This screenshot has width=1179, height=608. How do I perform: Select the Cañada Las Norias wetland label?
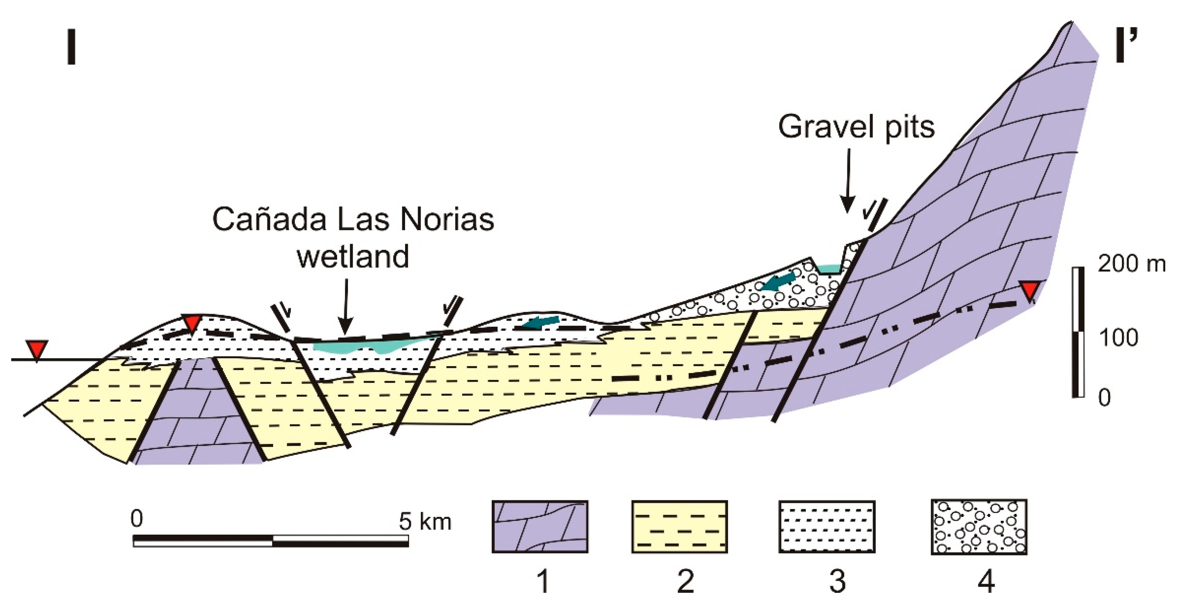click(x=353, y=238)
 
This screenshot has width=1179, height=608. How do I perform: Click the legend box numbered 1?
click(x=540, y=527)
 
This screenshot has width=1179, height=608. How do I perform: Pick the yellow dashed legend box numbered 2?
click(x=680, y=527)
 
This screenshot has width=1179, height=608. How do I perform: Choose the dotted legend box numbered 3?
click(x=827, y=527)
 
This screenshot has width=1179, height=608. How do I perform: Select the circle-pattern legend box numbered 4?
click(x=979, y=527)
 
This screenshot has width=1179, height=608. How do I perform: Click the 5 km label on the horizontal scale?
click(x=425, y=521)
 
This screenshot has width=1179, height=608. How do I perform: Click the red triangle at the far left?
click(x=36, y=350)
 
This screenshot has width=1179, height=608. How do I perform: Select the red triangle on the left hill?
click(x=192, y=323)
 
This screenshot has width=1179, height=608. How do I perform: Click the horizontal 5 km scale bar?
click(x=271, y=540)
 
